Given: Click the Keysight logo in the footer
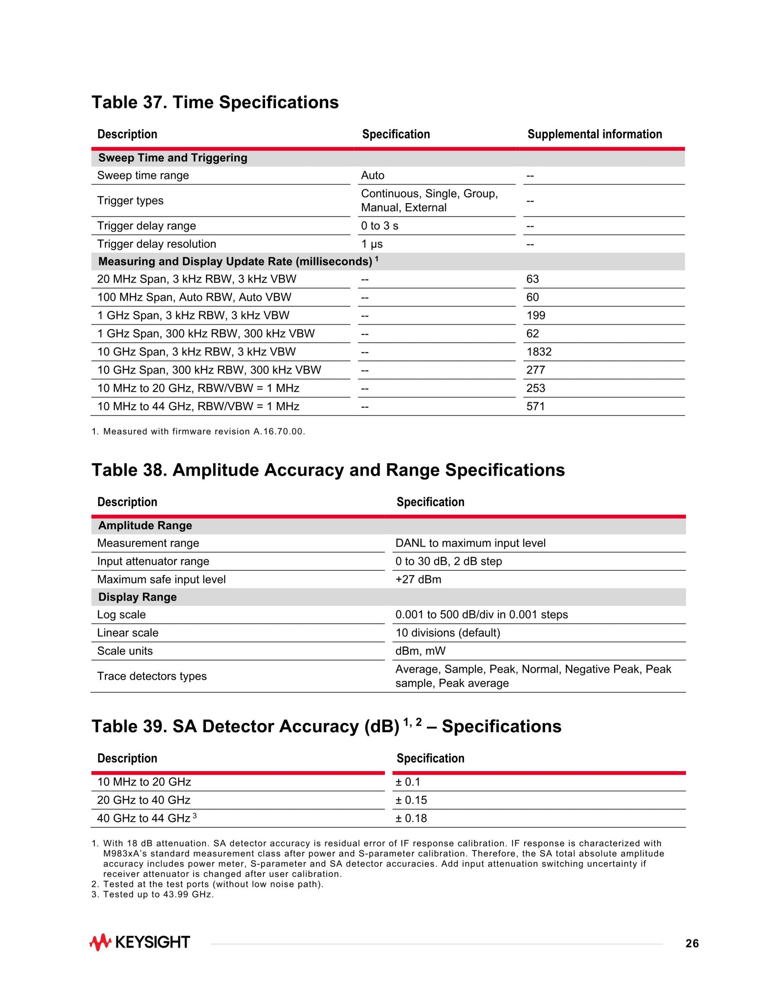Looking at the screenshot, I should pos(140,943).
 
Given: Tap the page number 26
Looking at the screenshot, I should pos(692,944).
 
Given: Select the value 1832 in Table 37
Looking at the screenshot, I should pos(539,352).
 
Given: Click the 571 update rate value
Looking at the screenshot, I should pos(535,407).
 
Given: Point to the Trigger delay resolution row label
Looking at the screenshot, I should pos(157,244).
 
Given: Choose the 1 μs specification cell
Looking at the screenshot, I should pos(372,244).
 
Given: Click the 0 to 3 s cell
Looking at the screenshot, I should pos(380,226).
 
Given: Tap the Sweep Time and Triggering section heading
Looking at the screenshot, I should pos(173,158).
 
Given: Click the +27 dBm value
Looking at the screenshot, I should pos(418,579).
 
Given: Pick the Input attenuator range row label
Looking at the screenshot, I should pos(153,562).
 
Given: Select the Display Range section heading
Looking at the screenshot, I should pos(137,597).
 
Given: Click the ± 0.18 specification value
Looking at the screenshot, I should pos(411,818).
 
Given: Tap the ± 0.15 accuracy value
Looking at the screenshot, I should pos(411,800).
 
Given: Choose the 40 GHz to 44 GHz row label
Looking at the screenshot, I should pos(144,818).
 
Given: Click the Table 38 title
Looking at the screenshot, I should pos(328,470).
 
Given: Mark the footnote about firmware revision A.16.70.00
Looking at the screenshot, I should pos(198,432).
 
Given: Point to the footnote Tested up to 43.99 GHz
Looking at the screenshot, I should pos(153,895).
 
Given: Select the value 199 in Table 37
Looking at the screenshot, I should pos(536,316).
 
